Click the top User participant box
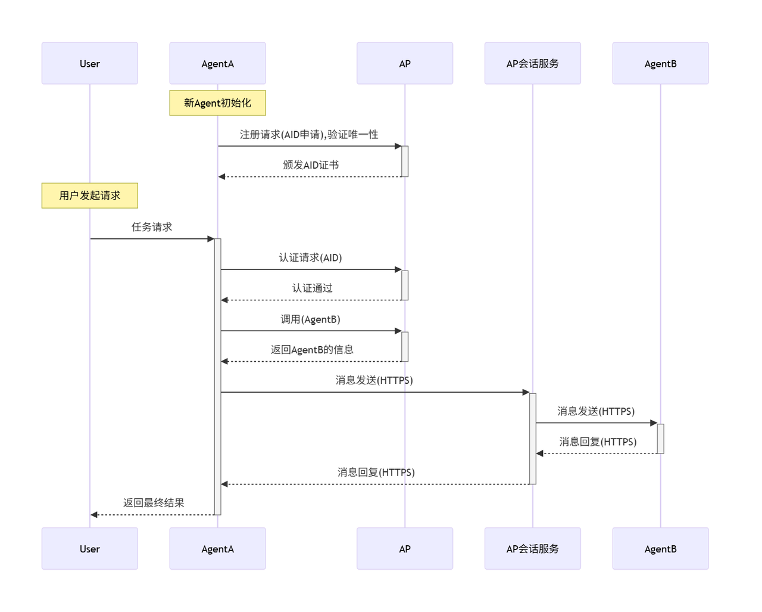(89, 63)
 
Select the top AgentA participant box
(217, 63)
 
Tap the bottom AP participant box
(405, 548)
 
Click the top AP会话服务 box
(532, 63)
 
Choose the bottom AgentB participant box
(660, 548)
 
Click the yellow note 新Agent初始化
(217, 103)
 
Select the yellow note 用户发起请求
(89, 195)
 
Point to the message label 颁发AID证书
(311, 165)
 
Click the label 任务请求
(152, 227)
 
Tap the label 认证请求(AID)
(311, 257)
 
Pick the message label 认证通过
(312, 288)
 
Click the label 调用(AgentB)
(311, 319)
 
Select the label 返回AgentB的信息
(312, 350)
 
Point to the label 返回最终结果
(154, 503)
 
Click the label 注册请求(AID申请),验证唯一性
(309, 135)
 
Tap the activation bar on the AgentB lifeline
(660, 439)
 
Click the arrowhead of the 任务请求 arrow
(211, 239)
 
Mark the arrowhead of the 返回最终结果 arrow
(94, 515)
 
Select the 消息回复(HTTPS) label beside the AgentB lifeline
(598, 442)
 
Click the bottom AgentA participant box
(217, 548)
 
